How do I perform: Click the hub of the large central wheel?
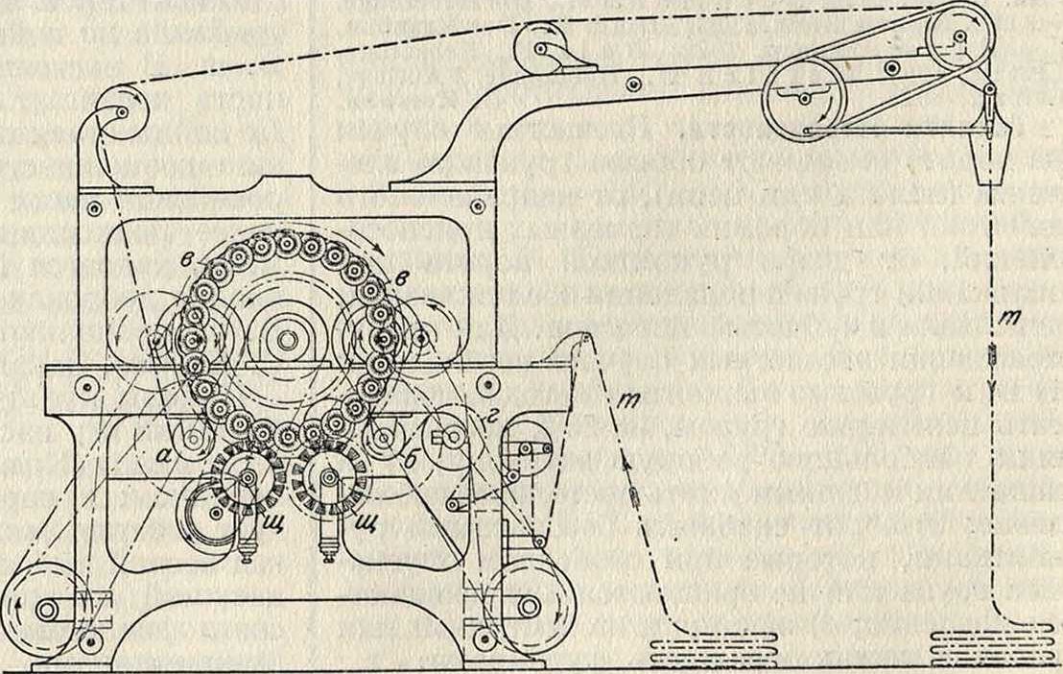point(285,338)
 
